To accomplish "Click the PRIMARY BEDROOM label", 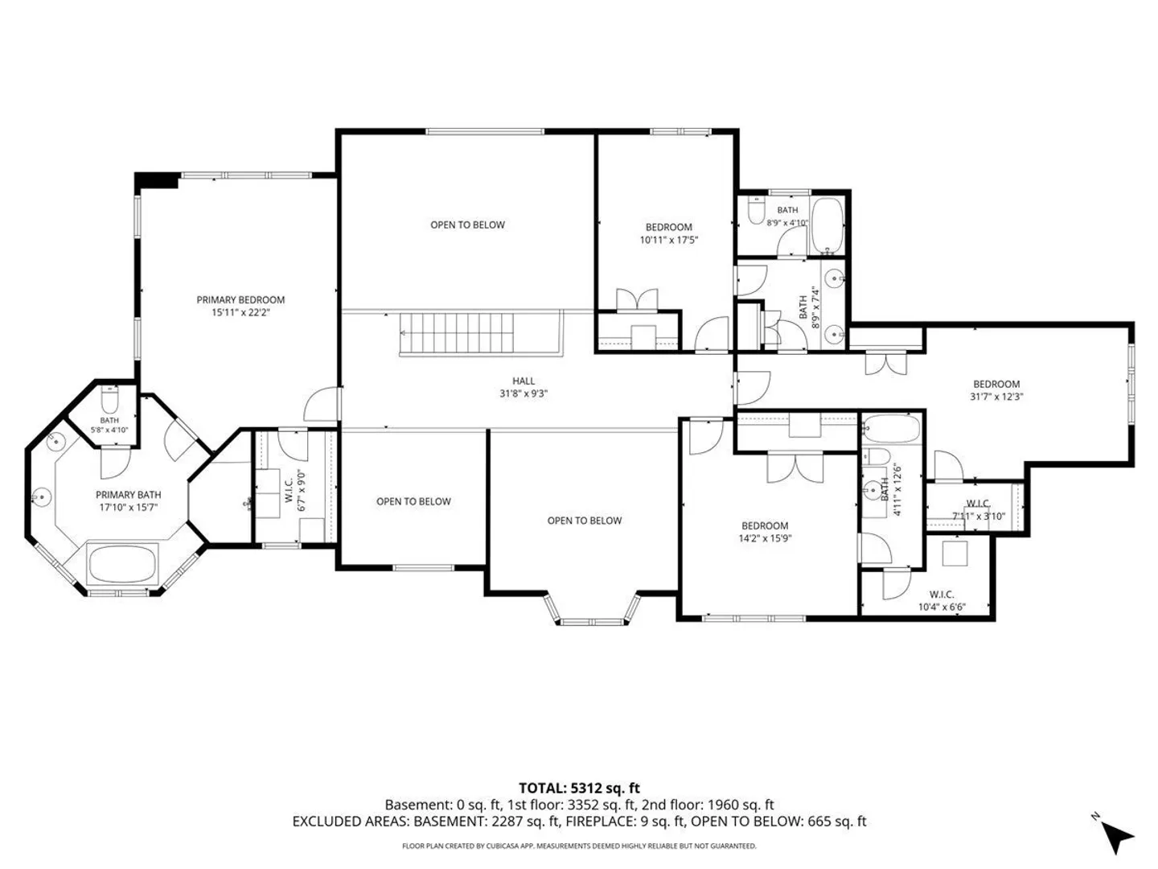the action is point(240,299).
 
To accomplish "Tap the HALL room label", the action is point(524,381).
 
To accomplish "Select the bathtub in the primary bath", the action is point(123,563).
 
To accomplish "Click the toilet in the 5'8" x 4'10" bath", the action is point(109,400).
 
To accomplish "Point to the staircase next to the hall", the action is point(456,332).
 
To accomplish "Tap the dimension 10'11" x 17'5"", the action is point(669,240).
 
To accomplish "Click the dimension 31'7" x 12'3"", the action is point(996,397).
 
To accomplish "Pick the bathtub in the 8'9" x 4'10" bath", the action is point(827,225).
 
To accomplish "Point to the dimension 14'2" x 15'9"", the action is point(765,539).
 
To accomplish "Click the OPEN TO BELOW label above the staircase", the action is point(467,224).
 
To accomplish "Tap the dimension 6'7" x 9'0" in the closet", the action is point(302,492).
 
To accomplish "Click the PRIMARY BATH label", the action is point(128,495).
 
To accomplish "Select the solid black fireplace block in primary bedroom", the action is point(157,180).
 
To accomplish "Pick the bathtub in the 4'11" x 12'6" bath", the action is point(892,427).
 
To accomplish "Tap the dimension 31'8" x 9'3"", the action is point(524,393).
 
